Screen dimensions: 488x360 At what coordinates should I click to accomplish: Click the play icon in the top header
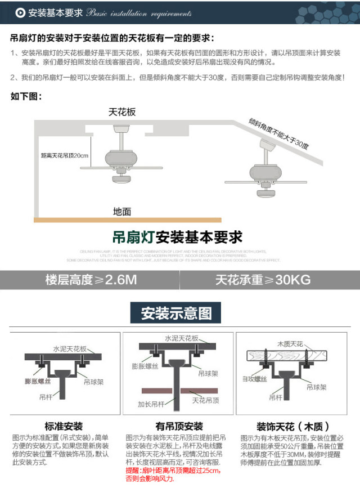(x=20, y=12)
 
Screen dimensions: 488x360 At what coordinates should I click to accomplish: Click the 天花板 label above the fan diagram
(x=122, y=112)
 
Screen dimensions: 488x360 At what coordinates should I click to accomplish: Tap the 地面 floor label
(x=122, y=212)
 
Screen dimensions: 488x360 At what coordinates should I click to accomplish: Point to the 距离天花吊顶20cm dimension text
(x=65, y=156)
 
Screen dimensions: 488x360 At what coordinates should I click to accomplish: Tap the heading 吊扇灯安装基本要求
(x=177, y=236)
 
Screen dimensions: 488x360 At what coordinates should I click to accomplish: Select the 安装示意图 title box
(x=177, y=313)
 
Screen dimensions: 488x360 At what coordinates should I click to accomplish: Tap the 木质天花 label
(x=290, y=343)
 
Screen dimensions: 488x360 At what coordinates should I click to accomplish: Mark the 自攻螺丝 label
(x=254, y=379)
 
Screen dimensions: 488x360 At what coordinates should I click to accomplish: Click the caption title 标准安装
(x=64, y=426)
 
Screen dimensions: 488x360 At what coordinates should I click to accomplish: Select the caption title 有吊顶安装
(x=179, y=426)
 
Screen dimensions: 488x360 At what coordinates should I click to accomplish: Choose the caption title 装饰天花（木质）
(x=292, y=426)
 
